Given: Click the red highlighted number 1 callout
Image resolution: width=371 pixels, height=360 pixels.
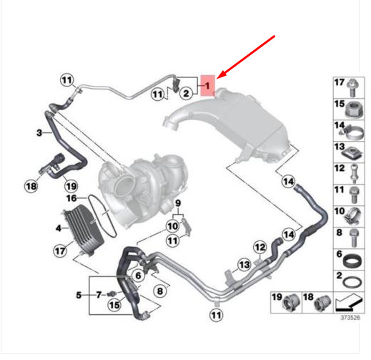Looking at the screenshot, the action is click(208, 85).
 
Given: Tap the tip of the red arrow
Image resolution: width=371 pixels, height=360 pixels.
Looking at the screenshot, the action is click(217, 78).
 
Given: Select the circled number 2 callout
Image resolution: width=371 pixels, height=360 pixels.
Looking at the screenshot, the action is click(186, 93).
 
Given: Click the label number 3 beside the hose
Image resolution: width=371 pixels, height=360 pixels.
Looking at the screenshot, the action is click(39, 132).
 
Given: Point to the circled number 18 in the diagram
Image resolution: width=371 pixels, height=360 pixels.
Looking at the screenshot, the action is click(31, 186).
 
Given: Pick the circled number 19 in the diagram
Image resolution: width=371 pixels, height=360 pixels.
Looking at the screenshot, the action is click(71, 186).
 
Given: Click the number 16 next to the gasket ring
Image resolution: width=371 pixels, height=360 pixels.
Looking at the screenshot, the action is click(71, 198).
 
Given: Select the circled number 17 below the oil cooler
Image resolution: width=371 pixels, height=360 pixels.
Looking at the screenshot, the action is click(60, 250).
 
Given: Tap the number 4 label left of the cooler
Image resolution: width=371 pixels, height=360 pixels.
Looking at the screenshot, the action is click(59, 228).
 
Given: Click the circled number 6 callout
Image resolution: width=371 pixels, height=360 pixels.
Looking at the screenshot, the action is click(138, 276).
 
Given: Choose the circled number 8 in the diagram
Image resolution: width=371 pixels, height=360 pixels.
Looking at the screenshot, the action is click(160, 291).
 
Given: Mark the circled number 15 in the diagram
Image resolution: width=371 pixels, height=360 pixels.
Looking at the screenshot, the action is click(114, 305).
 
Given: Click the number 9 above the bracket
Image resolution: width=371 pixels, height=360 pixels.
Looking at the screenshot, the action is click(178, 203).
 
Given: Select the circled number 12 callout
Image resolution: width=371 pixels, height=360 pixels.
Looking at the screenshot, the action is click(259, 247).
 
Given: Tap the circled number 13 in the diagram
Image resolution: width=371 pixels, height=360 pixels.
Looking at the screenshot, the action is click(244, 265).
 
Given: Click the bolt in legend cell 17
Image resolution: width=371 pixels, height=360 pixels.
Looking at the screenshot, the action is click(352, 87).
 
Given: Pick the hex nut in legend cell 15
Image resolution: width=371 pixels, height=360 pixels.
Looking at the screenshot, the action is click(354, 110).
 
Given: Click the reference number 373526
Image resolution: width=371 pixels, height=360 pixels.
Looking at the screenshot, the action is click(350, 318).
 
